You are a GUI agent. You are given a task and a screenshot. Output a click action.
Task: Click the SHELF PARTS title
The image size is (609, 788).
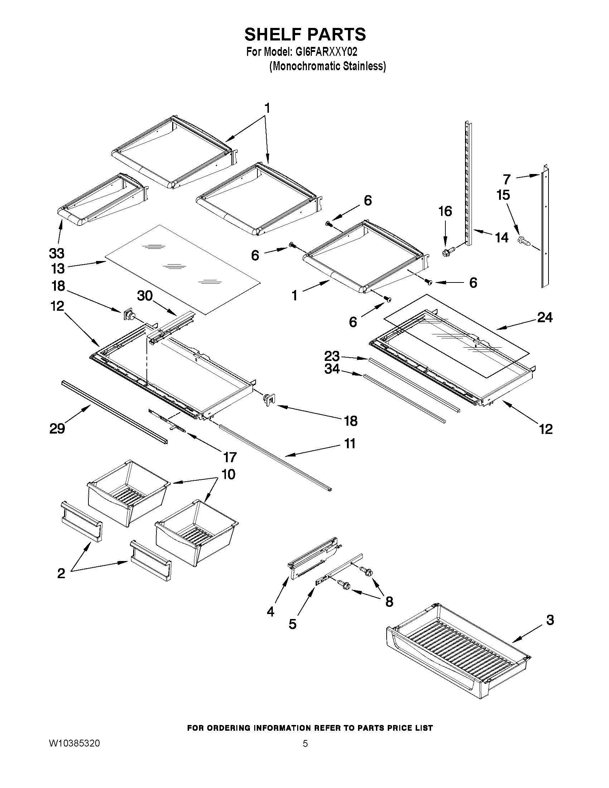point(305,35)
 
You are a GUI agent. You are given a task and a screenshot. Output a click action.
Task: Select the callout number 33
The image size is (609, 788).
point(57,253)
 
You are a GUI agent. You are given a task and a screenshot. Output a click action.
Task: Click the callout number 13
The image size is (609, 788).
point(58,269)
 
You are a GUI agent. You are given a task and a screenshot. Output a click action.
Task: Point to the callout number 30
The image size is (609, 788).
point(145,296)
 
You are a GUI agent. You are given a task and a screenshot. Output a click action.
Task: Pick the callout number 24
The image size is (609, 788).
point(545,317)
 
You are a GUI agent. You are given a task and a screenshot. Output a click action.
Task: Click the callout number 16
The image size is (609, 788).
point(445,211)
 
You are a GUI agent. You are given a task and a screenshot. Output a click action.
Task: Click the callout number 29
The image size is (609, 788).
point(57,429)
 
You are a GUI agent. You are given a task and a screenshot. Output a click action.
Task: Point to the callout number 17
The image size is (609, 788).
point(230,457)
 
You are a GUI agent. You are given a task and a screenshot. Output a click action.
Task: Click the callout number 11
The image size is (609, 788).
point(350,444)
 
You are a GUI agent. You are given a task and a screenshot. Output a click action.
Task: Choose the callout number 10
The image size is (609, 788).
point(228,474)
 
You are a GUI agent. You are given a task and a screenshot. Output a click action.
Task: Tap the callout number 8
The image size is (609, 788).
point(389,601)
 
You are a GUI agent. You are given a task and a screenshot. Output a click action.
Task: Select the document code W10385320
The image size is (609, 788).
point(74,743)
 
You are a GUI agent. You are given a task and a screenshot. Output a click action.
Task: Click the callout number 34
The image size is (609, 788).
point(332,369)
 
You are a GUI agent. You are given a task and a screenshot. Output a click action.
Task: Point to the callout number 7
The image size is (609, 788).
point(507,179)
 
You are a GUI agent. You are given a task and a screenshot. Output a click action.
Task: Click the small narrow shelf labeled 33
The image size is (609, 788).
point(103,200)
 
